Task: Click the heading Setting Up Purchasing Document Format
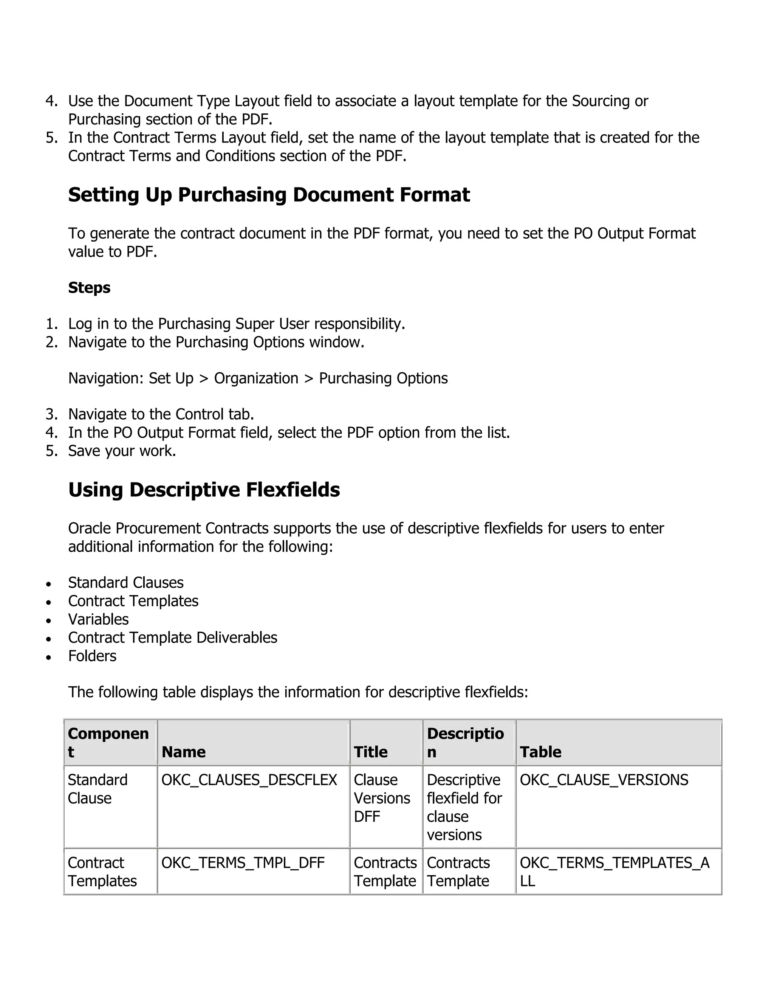269,195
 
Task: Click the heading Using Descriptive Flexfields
204,490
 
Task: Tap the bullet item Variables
98,619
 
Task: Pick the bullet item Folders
92,656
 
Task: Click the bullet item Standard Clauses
125,583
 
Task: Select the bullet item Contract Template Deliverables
172,638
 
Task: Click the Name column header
183,752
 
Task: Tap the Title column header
370,752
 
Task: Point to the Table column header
540,752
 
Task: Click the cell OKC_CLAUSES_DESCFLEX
249,780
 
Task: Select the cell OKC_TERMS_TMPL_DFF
243,863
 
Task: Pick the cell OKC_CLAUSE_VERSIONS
604,780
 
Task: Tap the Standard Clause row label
97,789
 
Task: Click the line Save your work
122,451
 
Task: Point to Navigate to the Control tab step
161,414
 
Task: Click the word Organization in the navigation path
256,378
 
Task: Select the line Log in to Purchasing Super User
237,324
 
